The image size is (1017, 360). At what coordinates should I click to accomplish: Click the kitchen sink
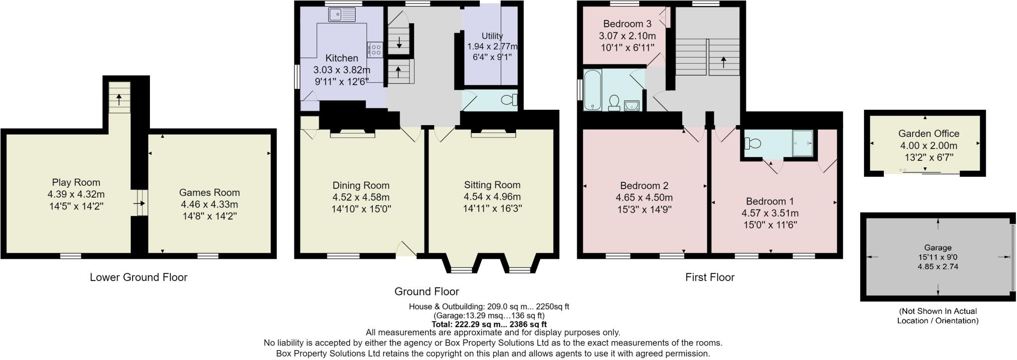[x=341, y=15]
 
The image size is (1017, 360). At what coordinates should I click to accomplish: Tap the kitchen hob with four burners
[x=375, y=49]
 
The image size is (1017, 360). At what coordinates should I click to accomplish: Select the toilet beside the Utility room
[x=509, y=100]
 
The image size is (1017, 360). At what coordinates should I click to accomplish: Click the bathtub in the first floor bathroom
[x=592, y=90]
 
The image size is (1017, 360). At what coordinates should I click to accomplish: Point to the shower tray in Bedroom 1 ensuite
[x=803, y=143]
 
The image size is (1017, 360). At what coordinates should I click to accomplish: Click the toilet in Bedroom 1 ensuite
[x=753, y=144]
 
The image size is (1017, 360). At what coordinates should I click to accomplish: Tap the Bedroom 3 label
[x=627, y=24]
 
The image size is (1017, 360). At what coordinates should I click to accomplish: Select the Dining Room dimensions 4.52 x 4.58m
[x=361, y=197]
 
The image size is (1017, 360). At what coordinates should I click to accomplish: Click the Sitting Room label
[x=492, y=185]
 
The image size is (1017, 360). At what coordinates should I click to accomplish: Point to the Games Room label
[x=209, y=193]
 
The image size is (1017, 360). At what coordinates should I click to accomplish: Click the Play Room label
[x=76, y=182]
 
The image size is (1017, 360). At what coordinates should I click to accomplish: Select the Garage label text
[x=938, y=247]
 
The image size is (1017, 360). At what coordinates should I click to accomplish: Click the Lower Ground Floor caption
[x=139, y=277]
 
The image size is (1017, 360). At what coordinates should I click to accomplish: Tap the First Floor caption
[x=710, y=277]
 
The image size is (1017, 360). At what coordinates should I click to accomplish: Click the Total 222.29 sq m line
[x=489, y=324]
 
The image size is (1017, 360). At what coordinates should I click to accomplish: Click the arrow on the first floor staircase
[x=723, y=62]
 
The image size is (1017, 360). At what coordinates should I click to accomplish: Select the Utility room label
[x=492, y=36]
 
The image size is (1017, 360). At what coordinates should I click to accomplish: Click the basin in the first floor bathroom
[x=632, y=105]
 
